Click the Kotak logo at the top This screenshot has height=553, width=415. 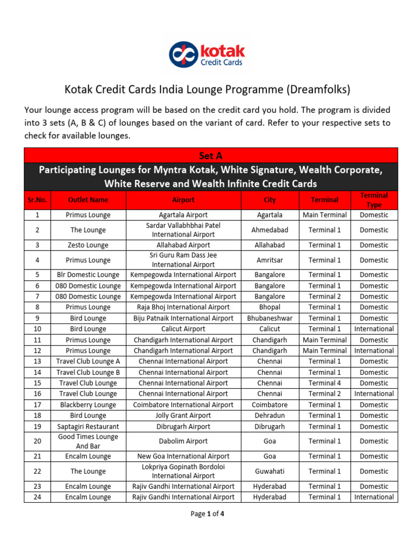point(207,55)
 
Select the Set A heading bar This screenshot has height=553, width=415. point(211,156)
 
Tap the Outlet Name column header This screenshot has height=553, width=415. point(88,200)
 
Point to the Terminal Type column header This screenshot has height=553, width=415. point(374,200)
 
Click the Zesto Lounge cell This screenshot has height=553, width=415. point(88,245)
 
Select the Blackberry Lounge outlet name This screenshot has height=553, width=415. point(88,404)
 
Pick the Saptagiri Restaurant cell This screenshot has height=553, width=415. point(88,426)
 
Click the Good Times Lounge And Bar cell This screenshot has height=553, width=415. point(88,441)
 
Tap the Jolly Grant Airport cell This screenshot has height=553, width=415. point(183,415)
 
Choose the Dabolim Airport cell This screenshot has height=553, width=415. point(183,441)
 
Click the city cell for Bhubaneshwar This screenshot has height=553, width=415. point(270,318)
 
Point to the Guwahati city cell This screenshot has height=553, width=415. point(270,471)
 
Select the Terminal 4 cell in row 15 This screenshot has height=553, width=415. point(325,383)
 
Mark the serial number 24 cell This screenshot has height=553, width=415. point(37,497)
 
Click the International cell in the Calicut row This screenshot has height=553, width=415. point(374,329)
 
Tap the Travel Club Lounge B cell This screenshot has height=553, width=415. point(88,372)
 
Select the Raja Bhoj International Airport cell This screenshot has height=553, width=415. point(183,307)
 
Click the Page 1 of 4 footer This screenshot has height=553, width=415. point(207,514)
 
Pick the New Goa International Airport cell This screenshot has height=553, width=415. point(183,456)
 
